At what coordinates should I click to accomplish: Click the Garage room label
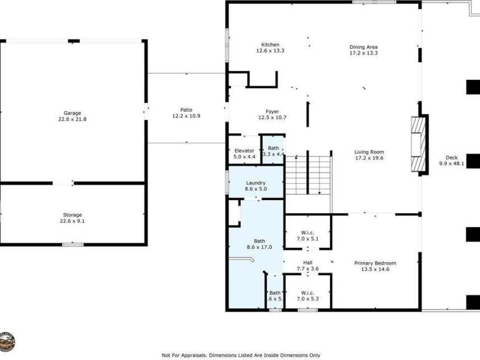pyautogui.click(x=72, y=116)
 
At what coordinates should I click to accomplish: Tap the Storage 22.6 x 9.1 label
pyautogui.click(x=72, y=218)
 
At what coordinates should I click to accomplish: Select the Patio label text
pyautogui.click(x=186, y=113)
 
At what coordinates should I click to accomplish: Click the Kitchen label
pyautogui.click(x=270, y=48)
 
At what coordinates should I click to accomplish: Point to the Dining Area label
pyautogui.click(x=363, y=50)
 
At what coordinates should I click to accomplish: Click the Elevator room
pyautogui.click(x=244, y=153)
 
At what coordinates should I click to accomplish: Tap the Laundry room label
pyautogui.click(x=256, y=186)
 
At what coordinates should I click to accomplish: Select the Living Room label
pyautogui.click(x=369, y=155)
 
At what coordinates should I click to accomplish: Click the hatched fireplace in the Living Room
pyautogui.click(x=419, y=144)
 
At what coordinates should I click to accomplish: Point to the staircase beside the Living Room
pyautogui.click(x=308, y=175)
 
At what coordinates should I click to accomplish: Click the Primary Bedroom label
pyautogui.click(x=375, y=266)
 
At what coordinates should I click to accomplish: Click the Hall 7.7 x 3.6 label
pyautogui.click(x=307, y=265)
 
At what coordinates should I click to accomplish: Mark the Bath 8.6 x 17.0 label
pyautogui.click(x=256, y=244)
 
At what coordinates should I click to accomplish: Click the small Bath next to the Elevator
pyautogui.click(x=273, y=151)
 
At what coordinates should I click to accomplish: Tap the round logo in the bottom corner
pyautogui.click(x=7, y=341)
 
